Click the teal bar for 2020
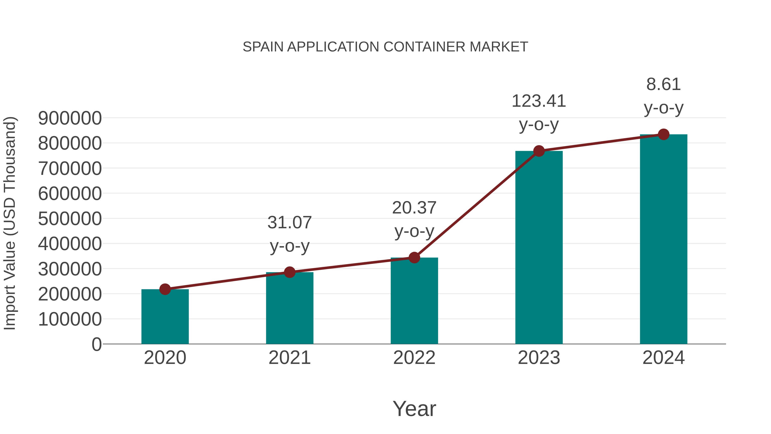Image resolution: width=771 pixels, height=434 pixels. pos(165,317)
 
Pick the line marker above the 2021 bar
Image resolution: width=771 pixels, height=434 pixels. pos(289,272)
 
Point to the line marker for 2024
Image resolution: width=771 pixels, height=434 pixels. pos(663,134)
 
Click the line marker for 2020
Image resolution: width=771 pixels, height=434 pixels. pos(165,289)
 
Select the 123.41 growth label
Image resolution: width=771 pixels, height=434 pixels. pos(539,101)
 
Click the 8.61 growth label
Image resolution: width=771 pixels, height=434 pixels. pos(663,84)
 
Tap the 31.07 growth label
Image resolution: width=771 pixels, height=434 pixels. pos(289,222)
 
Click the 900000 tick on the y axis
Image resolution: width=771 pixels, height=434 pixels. pos(70,118)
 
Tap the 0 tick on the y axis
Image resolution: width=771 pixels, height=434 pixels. pos(96,344)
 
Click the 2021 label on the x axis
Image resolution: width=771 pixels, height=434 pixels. pos(289,358)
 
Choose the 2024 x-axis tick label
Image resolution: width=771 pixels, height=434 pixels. pos(663,358)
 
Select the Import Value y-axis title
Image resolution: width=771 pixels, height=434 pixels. pos(10,223)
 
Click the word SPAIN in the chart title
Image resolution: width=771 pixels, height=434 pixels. pos(263,47)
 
